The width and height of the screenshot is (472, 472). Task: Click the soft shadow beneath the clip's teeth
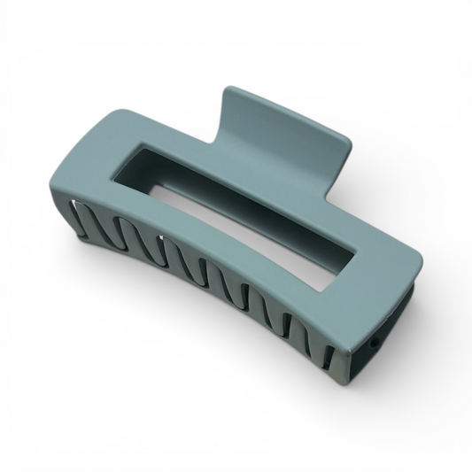(221, 354)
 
